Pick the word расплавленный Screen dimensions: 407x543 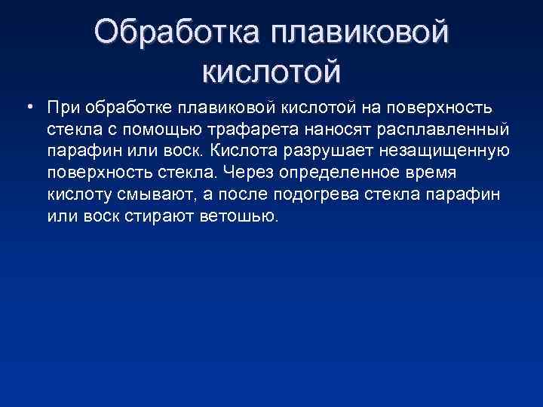452,128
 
